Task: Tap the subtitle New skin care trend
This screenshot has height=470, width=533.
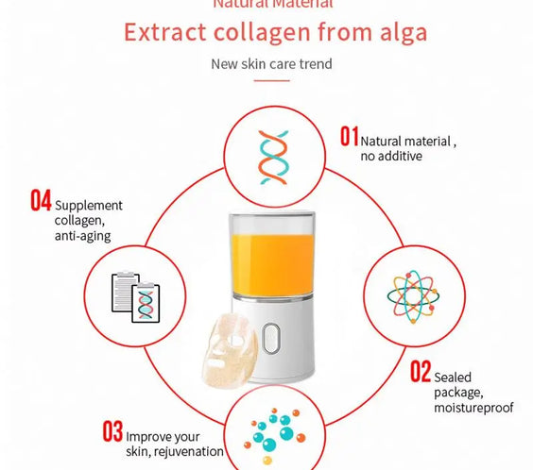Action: [271, 64]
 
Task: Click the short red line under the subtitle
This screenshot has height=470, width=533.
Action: [271, 80]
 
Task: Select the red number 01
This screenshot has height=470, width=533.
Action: [349, 138]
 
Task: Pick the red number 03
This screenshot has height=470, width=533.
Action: [112, 433]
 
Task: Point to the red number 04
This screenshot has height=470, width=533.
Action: [41, 201]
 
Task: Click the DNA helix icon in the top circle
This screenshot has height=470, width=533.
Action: [271, 156]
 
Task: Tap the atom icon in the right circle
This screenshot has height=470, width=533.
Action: [413, 294]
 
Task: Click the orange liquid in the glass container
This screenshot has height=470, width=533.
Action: [271, 255]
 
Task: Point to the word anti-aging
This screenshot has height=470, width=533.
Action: [82, 236]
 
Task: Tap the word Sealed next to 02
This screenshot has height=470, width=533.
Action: [454, 377]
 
